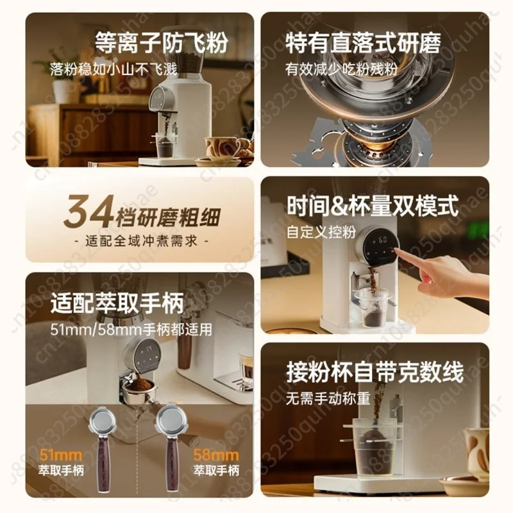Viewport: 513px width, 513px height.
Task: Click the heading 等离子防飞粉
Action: click(162, 42)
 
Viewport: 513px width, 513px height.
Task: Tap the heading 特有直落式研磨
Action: click(363, 42)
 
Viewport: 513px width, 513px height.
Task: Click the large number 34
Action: click(89, 212)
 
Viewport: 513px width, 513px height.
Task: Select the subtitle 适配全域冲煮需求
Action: click(141, 241)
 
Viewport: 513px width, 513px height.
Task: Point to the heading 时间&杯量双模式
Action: click(373, 206)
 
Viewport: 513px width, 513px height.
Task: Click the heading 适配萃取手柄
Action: click(117, 303)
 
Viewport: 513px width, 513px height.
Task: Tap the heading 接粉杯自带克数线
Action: click(375, 372)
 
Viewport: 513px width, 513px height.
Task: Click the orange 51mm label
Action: click(61, 455)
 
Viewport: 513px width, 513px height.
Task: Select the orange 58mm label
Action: click(216, 455)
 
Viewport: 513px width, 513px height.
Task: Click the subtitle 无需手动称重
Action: click(328, 398)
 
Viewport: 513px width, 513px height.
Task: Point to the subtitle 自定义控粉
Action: click(321, 232)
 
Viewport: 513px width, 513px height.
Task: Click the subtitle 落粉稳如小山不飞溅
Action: click(114, 69)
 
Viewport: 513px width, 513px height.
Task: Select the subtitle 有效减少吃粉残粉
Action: click(341, 69)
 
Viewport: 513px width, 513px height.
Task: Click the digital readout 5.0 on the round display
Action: click(383, 240)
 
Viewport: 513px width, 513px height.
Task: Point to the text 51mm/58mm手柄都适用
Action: click(131, 330)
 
